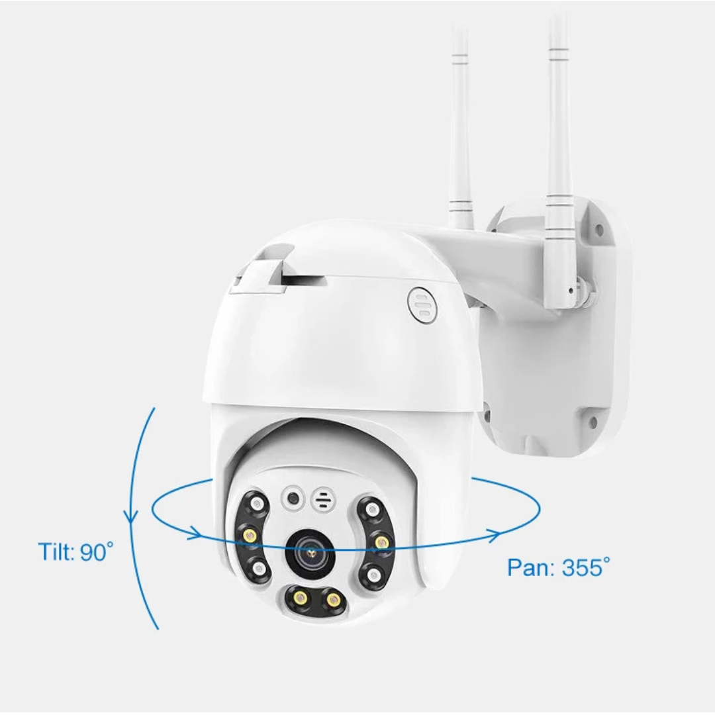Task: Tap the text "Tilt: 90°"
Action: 75,551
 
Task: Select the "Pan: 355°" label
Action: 559,567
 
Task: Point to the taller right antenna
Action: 561,164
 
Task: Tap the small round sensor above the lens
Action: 293,499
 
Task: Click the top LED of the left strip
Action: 258,504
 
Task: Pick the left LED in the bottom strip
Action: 300,596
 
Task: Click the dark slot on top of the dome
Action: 303,281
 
